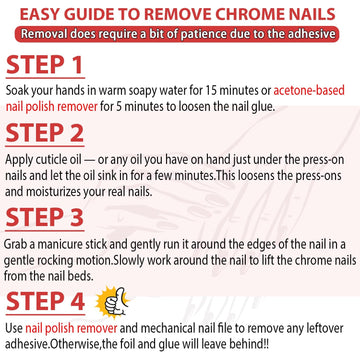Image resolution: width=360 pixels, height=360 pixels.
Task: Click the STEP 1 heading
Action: pyautogui.click(x=44, y=65)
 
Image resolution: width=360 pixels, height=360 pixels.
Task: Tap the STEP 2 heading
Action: pyautogui.click(x=45, y=133)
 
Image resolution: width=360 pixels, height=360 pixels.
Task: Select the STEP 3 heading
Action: pyautogui.click(x=45, y=217)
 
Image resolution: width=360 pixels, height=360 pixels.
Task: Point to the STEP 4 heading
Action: pyautogui.click(x=45, y=302)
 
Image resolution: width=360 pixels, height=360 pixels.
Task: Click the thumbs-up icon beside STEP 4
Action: pyautogui.click(x=112, y=301)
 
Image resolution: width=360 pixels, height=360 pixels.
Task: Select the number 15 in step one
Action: pyautogui.click(x=212, y=90)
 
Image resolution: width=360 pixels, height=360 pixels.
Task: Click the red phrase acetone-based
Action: pyautogui.click(x=309, y=90)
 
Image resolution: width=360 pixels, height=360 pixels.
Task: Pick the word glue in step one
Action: pyautogui.click(x=264, y=108)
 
